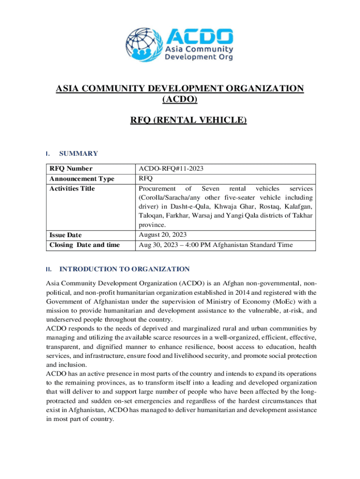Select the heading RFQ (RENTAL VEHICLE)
click(188, 120)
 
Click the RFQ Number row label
click(71, 169)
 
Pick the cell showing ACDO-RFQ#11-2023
click(171, 169)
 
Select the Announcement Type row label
click(82, 179)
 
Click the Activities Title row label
click(72, 189)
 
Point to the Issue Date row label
click(65, 235)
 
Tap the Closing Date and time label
click(85, 245)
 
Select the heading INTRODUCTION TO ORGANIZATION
click(124, 269)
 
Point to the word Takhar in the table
click(302, 215)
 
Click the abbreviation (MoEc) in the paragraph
click(276, 302)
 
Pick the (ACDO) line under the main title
click(180, 99)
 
